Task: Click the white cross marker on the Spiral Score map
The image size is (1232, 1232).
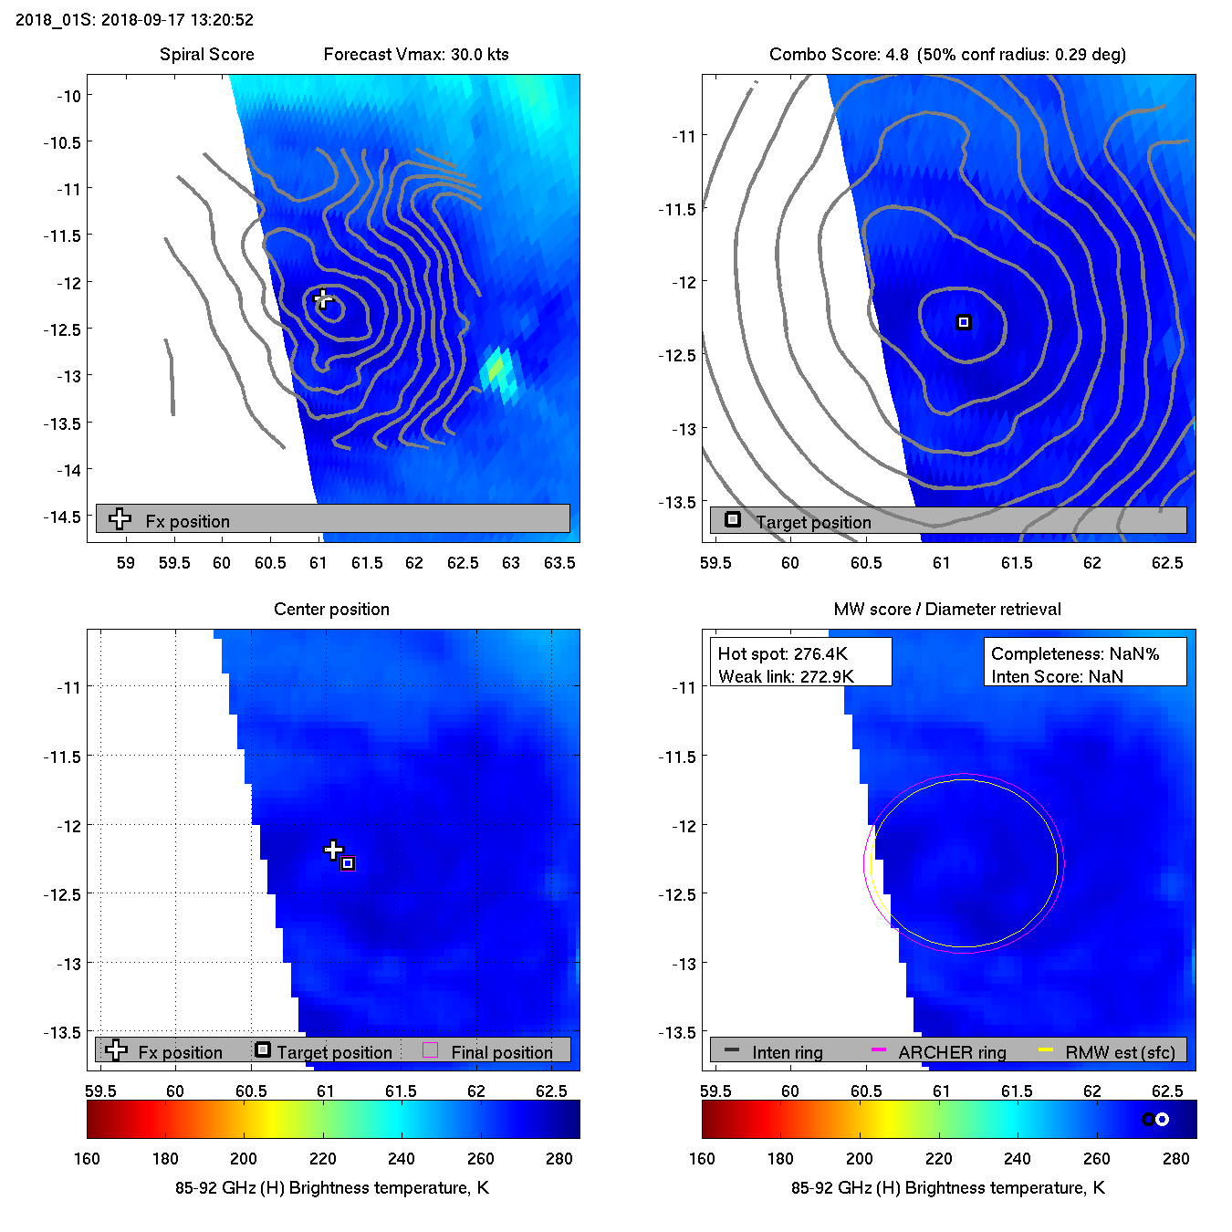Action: (322, 298)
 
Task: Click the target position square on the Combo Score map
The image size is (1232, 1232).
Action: (964, 322)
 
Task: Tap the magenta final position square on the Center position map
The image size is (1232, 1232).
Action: (348, 863)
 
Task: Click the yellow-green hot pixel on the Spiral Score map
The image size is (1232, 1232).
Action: (496, 368)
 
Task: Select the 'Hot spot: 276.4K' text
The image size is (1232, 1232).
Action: (782, 653)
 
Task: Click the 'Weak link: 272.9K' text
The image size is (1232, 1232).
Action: (786, 676)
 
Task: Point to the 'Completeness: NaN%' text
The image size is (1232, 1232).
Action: (1075, 653)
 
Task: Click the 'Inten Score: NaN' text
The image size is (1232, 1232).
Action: (1057, 676)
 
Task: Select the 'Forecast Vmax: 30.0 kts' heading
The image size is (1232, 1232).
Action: (416, 54)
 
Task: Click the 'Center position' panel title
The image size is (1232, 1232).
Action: (331, 609)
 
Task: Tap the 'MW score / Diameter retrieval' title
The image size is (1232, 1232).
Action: (947, 609)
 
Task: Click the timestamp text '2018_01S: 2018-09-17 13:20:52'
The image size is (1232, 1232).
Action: (134, 19)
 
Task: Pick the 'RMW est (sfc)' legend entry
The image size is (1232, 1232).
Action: (1120, 1052)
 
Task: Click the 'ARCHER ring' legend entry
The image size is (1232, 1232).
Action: (952, 1052)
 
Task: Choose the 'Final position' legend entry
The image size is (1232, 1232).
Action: (501, 1052)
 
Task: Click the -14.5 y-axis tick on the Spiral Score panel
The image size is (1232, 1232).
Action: (61, 517)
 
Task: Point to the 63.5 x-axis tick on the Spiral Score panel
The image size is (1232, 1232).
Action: (559, 563)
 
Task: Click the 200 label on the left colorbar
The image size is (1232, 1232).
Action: (244, 1158)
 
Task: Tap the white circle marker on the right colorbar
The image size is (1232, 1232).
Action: (1162, 1119)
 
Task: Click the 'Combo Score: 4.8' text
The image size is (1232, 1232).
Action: (839, 54)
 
